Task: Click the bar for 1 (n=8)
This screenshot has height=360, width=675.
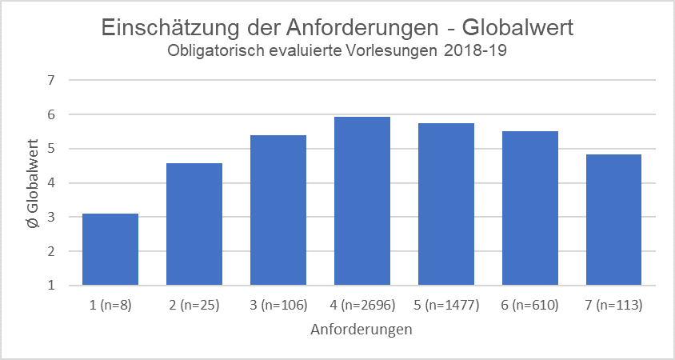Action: coord(110,250)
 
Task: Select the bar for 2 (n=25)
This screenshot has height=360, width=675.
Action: coord(194,224)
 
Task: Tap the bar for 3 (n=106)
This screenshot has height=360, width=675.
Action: coord(278,210)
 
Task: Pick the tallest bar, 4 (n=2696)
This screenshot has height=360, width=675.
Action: coord(362,201)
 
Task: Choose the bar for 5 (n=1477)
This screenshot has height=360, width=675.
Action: coord(446,204)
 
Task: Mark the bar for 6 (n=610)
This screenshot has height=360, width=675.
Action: coord(530,208)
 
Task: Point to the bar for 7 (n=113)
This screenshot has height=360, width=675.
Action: coord(613,220)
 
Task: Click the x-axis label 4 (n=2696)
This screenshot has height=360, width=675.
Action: coord(362,305)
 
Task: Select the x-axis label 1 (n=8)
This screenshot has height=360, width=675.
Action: coord(110,305)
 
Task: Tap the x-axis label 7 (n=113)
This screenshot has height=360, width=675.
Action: coord(613,305)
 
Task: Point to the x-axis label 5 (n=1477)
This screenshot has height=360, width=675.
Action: coord(446,305)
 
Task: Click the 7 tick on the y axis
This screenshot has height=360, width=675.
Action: coord(51,81)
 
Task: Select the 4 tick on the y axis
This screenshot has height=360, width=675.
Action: coord(51,183)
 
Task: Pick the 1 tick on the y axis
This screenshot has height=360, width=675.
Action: coord(51,286)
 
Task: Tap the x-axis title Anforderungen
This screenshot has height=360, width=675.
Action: coord(361,329)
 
